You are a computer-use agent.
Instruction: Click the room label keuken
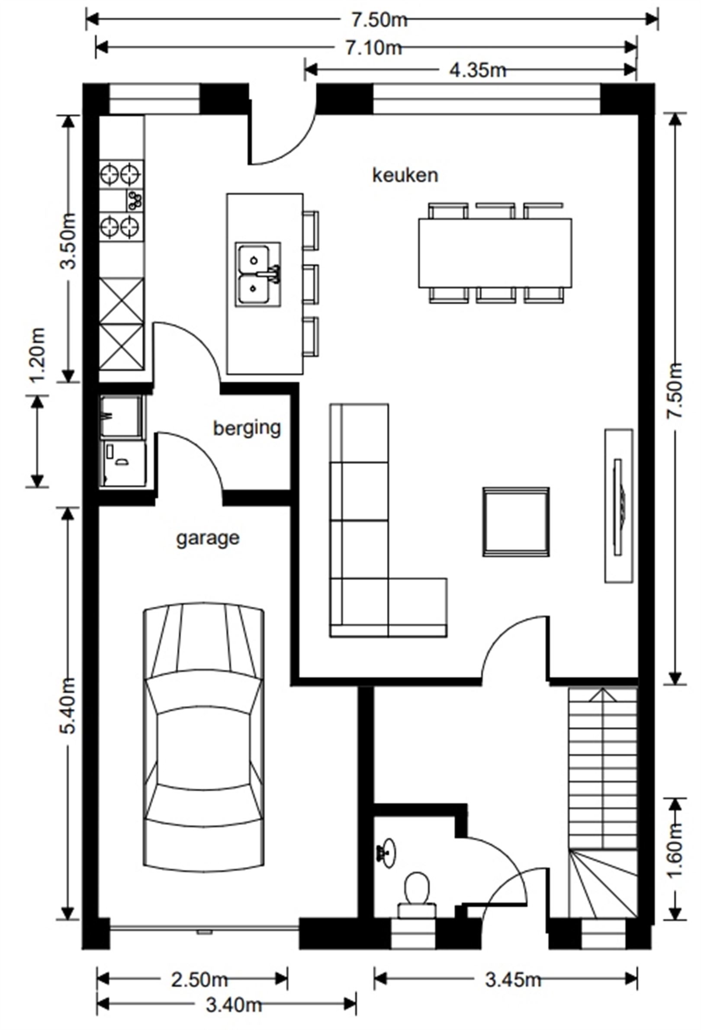405,175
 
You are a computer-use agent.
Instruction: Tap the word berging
247,428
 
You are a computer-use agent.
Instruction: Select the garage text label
208,538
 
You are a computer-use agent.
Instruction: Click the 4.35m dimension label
477,70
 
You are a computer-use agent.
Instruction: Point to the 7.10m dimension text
373,48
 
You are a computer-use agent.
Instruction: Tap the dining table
495,253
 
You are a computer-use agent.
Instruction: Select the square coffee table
515,522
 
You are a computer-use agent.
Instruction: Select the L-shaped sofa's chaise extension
418,607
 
